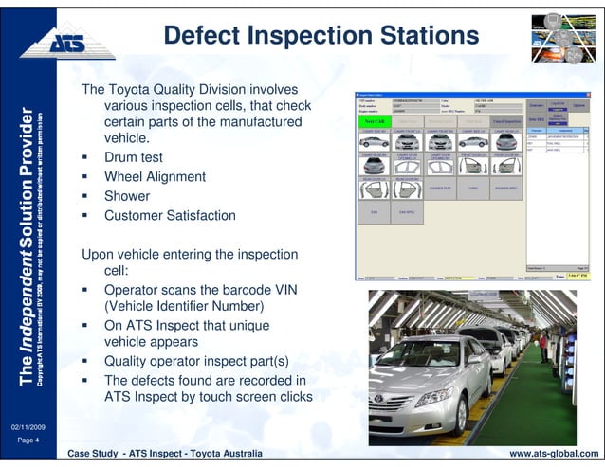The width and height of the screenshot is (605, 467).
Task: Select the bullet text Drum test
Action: click(x=134, y=157)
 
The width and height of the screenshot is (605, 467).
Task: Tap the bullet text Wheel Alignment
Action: click(x=155, y=177)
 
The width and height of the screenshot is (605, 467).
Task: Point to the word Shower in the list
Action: click(x=127, y=196)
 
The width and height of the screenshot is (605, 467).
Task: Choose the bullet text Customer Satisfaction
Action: click(x=170, y=216)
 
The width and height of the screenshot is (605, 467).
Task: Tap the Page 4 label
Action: click(x=26, y=440)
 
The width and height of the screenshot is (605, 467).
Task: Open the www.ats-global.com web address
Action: click(x=555, y=456)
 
